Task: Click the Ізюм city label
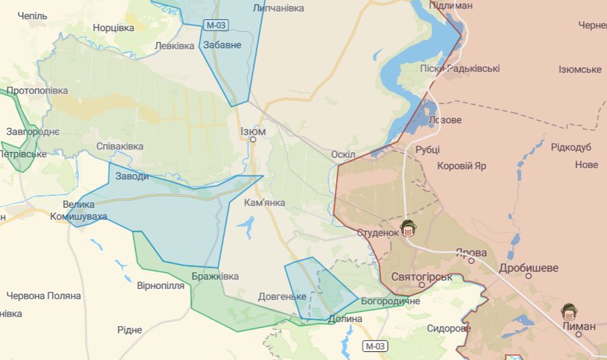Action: tap(253, 132)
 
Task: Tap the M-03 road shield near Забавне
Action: tap(216, 25)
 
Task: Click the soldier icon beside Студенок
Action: tap(408, 230)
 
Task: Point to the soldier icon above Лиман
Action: tap(568, 311)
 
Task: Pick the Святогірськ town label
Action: tap(422, 277)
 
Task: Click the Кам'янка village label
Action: tap(264, 202)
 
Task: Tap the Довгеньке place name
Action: tap(282, 296)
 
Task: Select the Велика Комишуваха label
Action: tap(79, 210)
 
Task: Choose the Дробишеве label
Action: tap(529, 268)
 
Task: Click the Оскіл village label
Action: tap(343, 155)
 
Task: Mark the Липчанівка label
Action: tap(278, 8)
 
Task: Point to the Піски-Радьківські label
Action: tap(460, 68)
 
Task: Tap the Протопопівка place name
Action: tap(37, 90)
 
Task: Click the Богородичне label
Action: tap(390, 302)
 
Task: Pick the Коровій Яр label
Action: tap(462, 165)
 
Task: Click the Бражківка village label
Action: tap(215, 276)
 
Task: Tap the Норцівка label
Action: tap(114, 28)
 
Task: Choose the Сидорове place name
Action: tap(449, 328)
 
